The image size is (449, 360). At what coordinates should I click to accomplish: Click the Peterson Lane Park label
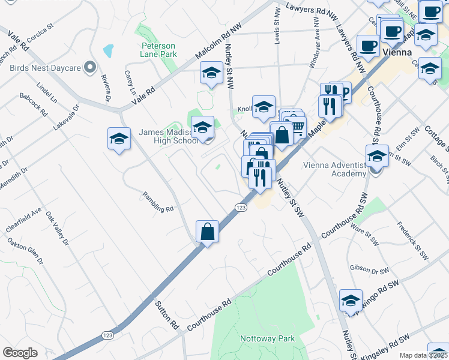(158, 50)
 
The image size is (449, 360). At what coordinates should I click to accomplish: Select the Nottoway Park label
(267, 338)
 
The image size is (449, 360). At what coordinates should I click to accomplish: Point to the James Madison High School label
(168, 137)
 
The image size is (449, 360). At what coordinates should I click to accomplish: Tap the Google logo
(20, 353)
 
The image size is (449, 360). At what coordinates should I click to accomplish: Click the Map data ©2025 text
(424, 355)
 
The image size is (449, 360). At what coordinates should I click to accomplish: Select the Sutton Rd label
(167, 316)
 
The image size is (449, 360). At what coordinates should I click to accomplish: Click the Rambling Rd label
(158, 201)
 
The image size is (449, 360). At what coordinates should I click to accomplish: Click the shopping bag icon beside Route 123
(207, 232)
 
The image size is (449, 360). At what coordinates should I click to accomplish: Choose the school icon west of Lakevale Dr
(119, 139)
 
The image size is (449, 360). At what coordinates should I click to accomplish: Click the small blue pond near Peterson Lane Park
(108, 50)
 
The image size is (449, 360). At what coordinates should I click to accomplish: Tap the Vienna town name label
(397, 52)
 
